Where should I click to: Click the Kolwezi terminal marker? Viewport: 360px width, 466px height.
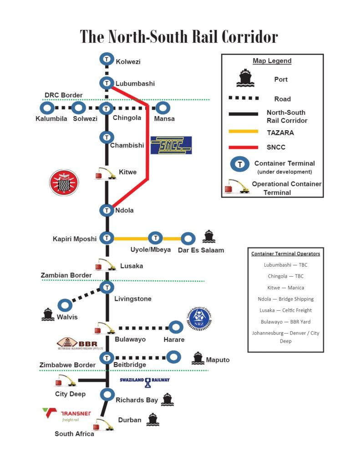(x=106, y=59)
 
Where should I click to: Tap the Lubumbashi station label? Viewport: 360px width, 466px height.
(x=135, y=84)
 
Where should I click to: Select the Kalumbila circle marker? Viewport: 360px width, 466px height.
(x=47, y=108)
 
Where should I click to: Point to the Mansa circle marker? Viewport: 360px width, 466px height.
(x=163, y=108)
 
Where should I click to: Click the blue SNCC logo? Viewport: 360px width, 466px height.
(x=171, y=145)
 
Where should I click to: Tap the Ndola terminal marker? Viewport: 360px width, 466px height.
(x=106, y=210)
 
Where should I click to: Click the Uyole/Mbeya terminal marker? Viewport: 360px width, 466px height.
(x=156, y=238)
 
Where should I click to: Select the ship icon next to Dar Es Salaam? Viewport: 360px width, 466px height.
(x=209, y=236)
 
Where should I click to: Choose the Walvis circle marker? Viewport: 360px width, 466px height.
(x=64, y=305)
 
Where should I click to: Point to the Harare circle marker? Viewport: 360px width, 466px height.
(x=176, y=327)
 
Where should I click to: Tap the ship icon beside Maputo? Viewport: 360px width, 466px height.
(x=198, y=358)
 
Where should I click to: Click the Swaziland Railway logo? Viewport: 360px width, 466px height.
(x=145, y=381)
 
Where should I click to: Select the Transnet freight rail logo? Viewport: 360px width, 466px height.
(x=67, y=415)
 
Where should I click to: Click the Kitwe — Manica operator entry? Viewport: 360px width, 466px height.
(x=286, y=288)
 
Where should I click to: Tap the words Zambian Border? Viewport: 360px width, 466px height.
(x=66, y=275)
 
